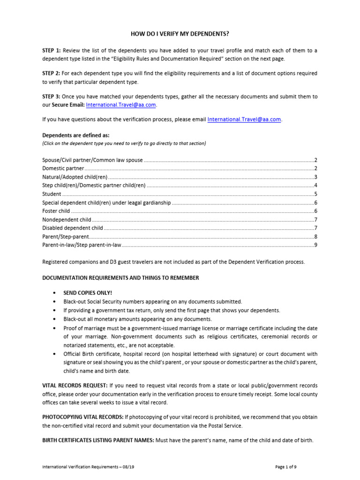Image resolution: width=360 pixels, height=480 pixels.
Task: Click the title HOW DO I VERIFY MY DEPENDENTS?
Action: click(x=180, y=34)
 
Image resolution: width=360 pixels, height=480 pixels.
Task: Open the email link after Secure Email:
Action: click(x=121, y=105)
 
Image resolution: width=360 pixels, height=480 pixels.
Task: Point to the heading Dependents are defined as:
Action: click(x=75, y=135)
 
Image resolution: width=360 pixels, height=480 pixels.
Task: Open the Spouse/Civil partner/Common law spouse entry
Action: click(x=92, y=160)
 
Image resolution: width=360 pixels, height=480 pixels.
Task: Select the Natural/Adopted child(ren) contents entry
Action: click(x=75, y=177)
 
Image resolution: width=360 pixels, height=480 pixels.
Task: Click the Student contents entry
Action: click(x=52, y=194)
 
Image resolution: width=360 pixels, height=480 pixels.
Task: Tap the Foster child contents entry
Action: click(x=56, y=211)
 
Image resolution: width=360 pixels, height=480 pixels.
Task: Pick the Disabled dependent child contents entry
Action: click(x=73, y=228)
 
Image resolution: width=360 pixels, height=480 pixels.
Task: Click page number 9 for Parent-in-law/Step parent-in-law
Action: click(x=316, y=245)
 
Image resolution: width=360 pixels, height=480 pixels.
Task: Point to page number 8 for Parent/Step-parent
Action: click(x=316, y=236)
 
